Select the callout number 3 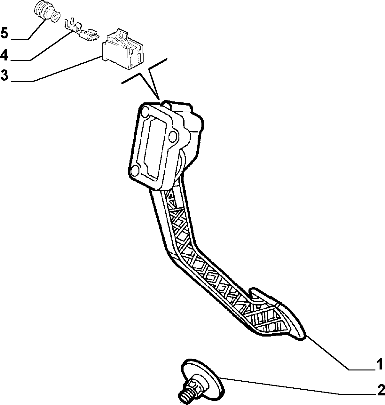click(4, 75)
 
